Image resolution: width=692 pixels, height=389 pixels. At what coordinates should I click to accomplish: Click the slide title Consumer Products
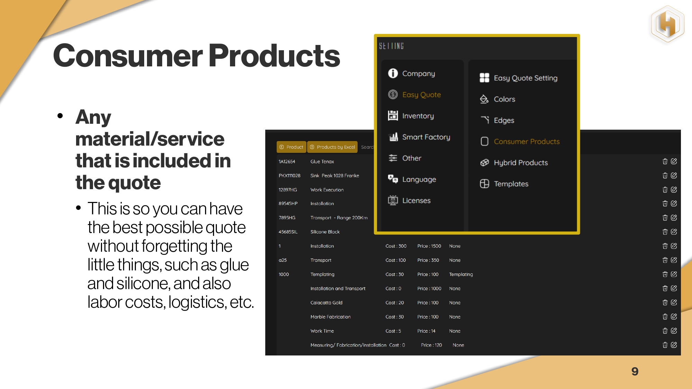pyautogui.click(x=196, y=56)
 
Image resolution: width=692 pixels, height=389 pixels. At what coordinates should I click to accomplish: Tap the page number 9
pyautogui.click(x=635, y=371)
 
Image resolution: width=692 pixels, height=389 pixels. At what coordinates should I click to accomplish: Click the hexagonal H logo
pyautogui.click(x=667, y=24)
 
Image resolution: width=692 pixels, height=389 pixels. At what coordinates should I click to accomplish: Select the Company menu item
pyautogui.click(x=412, y=73)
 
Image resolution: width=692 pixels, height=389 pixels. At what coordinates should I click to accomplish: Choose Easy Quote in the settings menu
pyautogui.click(x=414, y=94)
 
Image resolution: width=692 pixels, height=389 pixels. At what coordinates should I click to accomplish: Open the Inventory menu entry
pyautogui.click(x=411, y=116)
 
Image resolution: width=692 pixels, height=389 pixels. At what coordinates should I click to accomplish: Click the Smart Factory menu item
pyautogui.click(x=419, y=137)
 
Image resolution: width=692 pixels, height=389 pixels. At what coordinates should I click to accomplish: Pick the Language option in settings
pyautogui.click(x=412, y=179)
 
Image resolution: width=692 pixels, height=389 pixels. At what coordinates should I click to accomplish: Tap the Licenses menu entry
pyautogui.click(x=409, y=200)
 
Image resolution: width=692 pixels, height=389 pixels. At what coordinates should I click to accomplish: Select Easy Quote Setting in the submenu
pyautogui.click(x=518, y=78)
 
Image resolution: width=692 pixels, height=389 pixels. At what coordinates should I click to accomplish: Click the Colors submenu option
pyautogui.click(x=497, y=99)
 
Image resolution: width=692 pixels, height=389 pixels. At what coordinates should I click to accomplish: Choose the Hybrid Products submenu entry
pyautogui.click(x=514, y=163)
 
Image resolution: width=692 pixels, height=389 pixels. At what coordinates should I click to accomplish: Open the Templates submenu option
pyautogui.click(x=504, y=184)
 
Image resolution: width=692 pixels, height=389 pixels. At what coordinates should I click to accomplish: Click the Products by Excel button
pyautogui.click(x=332, y=147)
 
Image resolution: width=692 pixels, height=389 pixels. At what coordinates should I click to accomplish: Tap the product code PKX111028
pyautogui.click(x=289, y=176)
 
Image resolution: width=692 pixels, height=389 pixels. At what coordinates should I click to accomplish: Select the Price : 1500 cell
pyautogui.click(x=429, y=246)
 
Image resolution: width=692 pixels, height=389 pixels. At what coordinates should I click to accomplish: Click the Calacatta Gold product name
pyautogui.click(x=326, y=303)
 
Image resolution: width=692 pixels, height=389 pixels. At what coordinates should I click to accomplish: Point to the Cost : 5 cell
pyautogui.click(x=393, y=331)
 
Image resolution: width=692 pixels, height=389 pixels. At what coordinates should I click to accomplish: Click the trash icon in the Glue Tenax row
pyautogui.click(x=665, y=161)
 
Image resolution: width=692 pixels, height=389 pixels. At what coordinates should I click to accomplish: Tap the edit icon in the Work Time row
pyautogui.click(x=674, y=331)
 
